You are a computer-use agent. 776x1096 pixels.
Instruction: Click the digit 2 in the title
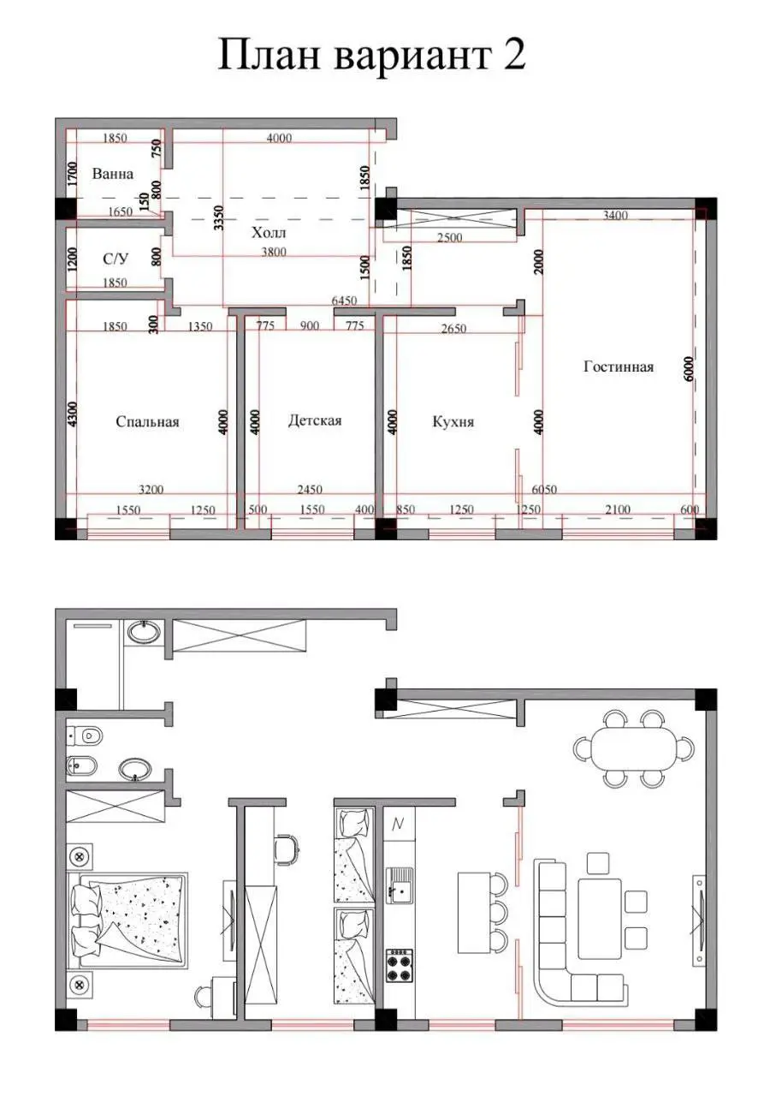512,55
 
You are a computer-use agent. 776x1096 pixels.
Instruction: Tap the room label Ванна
112,174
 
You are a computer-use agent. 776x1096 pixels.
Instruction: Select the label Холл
269,232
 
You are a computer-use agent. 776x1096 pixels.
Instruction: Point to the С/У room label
116,259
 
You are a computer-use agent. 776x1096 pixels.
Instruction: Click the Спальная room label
148,421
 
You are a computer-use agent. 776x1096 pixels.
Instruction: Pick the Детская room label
315,420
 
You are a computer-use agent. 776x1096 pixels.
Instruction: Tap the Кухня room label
453,421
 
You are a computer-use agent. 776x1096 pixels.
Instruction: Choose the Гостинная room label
619,366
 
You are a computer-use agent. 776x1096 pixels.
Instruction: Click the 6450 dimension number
344,301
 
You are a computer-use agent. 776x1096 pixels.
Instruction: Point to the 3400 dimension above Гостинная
615,215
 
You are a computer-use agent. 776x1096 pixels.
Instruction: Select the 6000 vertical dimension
689,369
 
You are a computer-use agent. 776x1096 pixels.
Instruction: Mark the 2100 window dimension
618,509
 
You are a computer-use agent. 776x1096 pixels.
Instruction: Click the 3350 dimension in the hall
219,218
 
